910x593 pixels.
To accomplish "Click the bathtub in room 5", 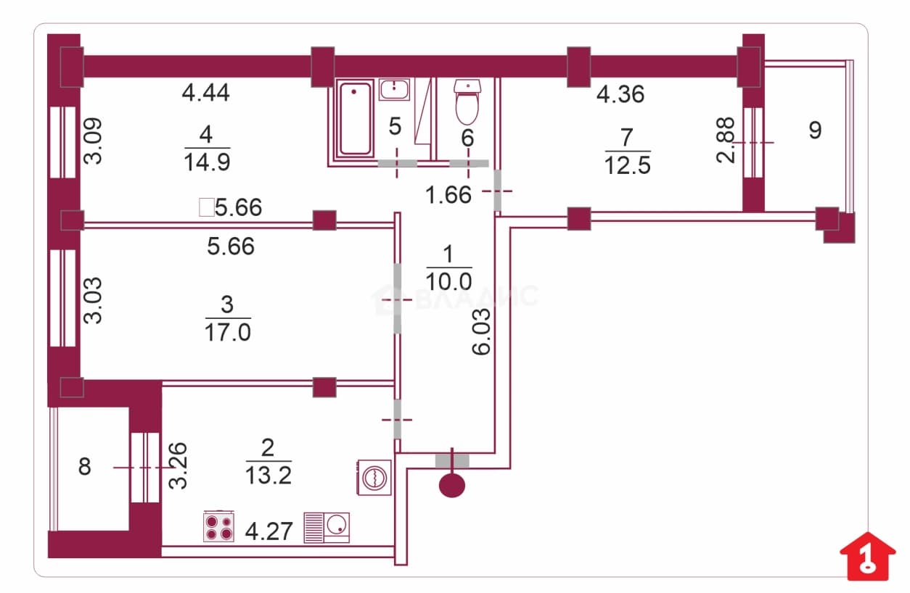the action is (x=355, y=118).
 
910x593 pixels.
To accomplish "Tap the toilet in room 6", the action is (x=467, y=102).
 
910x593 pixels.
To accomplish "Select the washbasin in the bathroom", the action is (x=394, y=90).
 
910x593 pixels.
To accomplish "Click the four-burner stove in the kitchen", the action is (x=218, y=527).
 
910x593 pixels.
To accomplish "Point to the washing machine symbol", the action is (x=374, y=477).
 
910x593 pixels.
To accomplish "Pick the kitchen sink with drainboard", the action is (x=327, y=528).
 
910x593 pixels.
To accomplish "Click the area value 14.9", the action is (x=208, y=162).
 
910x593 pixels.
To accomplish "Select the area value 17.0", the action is (x=228, y=333).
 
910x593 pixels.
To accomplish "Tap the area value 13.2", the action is (x=269, y=476).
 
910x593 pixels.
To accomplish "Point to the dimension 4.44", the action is (x=205, y=93).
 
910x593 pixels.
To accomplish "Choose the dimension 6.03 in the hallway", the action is (x=482, y=332).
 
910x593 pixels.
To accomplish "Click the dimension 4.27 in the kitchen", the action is (x=269, y=531).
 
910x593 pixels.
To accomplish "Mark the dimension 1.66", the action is (x=448, y=195).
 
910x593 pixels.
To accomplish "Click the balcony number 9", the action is (x=815, y=130).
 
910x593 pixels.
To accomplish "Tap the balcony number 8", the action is (x=84, y=467).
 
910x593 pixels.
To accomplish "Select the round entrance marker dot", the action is (x=452, y=486).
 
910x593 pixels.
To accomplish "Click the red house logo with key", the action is (x=868, y=555).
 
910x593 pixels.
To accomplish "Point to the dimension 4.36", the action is (x=620, y=94).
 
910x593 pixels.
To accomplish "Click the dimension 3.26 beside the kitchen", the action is (x=178, y=465).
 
